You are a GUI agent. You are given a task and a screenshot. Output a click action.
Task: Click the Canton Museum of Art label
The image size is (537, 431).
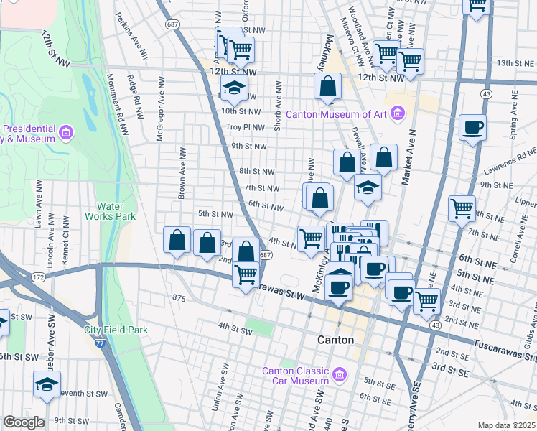tap(336, 114)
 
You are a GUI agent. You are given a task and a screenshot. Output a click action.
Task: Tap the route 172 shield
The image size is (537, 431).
tap(39, 277)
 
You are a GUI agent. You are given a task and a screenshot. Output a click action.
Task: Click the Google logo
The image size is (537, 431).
tap(24, 422)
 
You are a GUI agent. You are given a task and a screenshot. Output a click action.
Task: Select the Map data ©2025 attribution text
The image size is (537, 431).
tap(505, 425)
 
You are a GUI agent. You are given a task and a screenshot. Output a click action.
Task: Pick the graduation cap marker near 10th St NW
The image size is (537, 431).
tap(233, 89)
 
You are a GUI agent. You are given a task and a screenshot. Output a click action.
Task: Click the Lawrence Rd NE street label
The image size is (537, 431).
tap(510, 153)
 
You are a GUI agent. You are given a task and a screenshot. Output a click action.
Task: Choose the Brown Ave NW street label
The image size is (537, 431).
tap(183, 172)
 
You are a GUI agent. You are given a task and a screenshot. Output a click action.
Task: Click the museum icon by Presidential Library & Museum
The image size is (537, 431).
tap(66, 132)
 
